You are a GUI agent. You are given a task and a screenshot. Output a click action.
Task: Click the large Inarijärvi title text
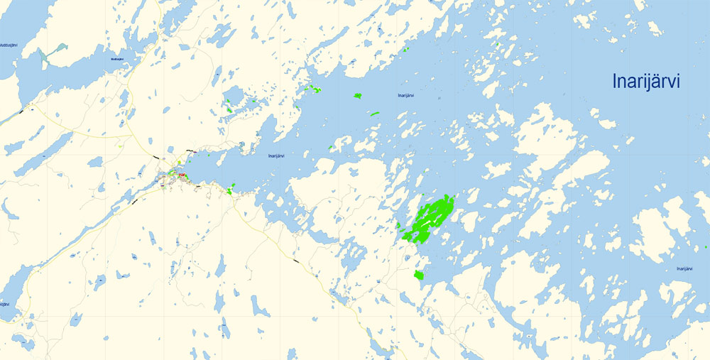[646, 82]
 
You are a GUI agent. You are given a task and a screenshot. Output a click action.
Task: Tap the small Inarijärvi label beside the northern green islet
[405, 95]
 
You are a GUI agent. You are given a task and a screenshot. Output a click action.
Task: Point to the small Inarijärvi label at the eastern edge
[684, 269]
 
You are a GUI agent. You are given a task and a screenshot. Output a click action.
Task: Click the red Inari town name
[182, 175]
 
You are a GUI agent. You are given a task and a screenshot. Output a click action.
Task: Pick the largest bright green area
[428, 221]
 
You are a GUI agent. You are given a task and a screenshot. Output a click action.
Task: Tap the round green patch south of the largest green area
[419, 275]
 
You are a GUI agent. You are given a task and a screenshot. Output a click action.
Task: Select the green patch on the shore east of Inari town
[231, 189]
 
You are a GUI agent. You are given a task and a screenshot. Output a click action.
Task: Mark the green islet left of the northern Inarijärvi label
[358, 95]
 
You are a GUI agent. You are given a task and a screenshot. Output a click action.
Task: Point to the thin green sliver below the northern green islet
[373, 113]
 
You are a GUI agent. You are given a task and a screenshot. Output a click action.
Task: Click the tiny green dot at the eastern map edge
[706, 247]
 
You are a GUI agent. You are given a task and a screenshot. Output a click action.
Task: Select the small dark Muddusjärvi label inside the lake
[117, 59]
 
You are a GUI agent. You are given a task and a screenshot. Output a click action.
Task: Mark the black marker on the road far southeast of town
[296, 262]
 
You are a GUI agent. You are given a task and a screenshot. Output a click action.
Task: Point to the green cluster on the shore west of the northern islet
[311, 89]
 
